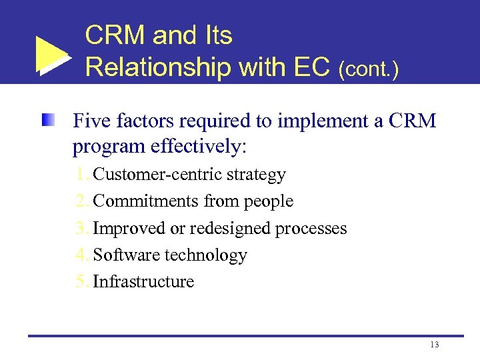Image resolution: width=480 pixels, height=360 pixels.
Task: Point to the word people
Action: [270, 201]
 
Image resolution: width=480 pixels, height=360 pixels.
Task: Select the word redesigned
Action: [230, 228]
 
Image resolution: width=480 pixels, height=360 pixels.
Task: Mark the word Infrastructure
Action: [143, 281]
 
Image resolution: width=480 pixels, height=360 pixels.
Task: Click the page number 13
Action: [435, 345]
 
